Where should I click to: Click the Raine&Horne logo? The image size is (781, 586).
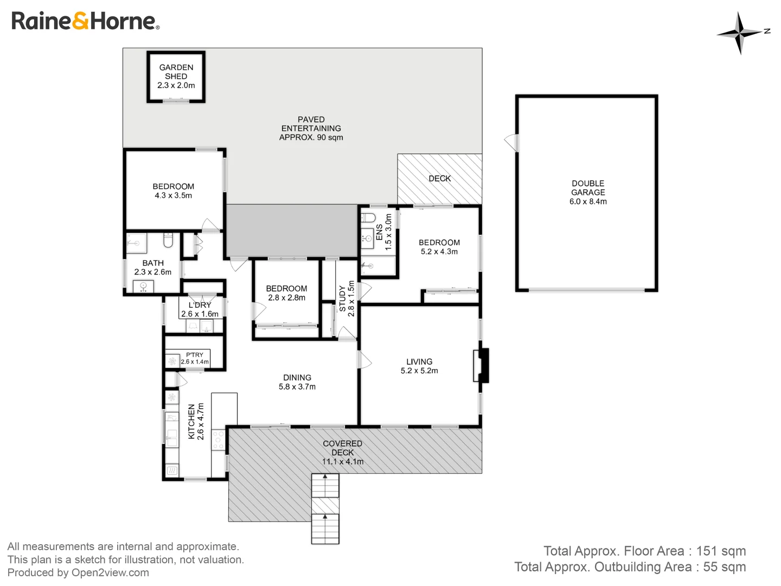tap(85, 21)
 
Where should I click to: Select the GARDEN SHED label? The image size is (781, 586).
tap(176, 76)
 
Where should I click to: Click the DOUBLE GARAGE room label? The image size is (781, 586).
tap(588, 192)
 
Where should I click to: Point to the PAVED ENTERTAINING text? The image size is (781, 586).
tap(311, 128)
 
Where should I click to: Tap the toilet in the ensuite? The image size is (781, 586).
tap(368, 218)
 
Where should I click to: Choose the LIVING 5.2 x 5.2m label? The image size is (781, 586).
tap(419, 366)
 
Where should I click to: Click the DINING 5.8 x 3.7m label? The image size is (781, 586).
tap(297, 382)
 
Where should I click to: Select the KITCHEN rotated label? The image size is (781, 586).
tap(196, 421)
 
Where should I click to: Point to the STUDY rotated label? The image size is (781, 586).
tap(347, 298)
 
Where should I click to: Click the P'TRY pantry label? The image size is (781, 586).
tap(194, 358)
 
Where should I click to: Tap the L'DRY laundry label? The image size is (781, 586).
tap(200, 309)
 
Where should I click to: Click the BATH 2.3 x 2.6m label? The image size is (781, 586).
tap(152, 267)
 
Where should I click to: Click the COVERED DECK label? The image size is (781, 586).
tap(342, 452)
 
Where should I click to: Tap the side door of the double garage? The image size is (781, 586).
tap(511, 143)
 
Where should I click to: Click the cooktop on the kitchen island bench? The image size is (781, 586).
tap(219, 439)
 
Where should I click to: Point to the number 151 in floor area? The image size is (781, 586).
tap(706, 551)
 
